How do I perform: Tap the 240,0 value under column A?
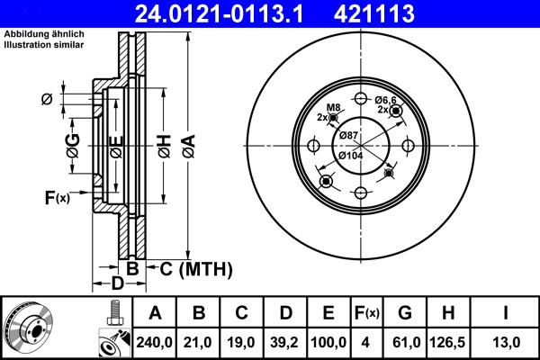click(155, 343)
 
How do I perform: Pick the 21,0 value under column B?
click(199, 343)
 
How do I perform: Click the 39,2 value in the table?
click(285, 343)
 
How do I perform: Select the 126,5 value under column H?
click(449, 343)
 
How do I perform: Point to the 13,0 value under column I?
click(508, 343)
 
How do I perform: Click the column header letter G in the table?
click(405, 313)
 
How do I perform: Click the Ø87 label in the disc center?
click(349, 135)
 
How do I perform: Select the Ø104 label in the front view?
click(351, 157)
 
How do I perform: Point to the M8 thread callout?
click(333, 108)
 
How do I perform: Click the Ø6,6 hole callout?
click(386, 100)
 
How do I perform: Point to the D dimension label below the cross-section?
click(117, 284)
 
